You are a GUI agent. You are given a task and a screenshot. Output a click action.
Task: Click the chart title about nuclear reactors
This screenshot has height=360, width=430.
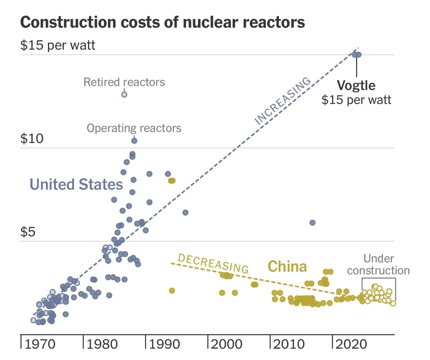point(162,22)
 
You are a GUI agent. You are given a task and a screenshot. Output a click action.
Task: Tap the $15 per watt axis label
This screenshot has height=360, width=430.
point(58,45)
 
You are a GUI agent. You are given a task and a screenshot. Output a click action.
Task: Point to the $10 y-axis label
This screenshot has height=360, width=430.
point(32,138)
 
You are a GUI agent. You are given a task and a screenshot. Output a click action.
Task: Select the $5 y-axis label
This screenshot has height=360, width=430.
point(28,232)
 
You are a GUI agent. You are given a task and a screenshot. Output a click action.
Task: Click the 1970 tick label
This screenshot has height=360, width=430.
point(40,344)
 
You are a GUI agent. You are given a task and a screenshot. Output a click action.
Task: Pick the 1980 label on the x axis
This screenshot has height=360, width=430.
point(102,344)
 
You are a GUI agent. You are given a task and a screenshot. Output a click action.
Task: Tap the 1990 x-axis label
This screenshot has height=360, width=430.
point(165,344)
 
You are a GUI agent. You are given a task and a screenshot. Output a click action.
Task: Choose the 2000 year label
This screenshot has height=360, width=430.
point(227,344)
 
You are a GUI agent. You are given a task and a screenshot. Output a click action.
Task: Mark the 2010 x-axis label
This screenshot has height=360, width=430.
point(289,344)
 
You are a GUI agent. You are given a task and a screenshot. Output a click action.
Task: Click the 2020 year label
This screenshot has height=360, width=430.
point(351,344)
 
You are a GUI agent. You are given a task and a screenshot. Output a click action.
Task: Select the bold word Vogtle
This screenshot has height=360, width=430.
point(356,85)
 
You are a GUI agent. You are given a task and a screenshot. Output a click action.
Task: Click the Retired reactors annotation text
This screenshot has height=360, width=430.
point(124,82)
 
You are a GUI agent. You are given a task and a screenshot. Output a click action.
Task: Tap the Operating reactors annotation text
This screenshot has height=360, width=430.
point(134,128)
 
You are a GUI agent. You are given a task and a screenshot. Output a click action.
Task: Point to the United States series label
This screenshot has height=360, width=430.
point(76,184)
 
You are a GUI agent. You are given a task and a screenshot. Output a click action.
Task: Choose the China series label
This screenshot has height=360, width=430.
point(287,267)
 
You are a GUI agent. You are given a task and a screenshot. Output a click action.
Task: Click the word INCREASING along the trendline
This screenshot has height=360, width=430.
point(283,100)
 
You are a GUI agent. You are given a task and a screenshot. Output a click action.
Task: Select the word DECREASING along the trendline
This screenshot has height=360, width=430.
point(213,263)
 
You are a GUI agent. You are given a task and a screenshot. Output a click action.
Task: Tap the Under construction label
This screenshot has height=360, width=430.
point(378,264)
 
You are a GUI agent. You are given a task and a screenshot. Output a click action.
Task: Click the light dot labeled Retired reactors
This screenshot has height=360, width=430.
point(124,94)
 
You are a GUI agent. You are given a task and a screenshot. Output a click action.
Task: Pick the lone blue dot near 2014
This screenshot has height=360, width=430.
point(312,223)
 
